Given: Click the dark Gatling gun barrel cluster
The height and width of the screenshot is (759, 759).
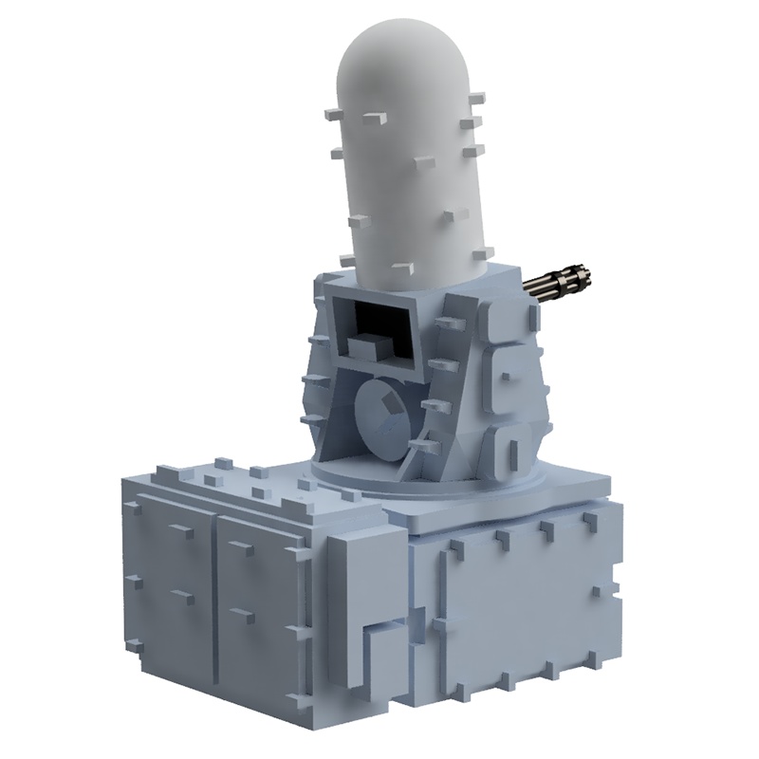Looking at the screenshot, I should (x=560, y=283).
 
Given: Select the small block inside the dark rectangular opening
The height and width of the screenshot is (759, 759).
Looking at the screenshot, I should (x=365, y=343).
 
